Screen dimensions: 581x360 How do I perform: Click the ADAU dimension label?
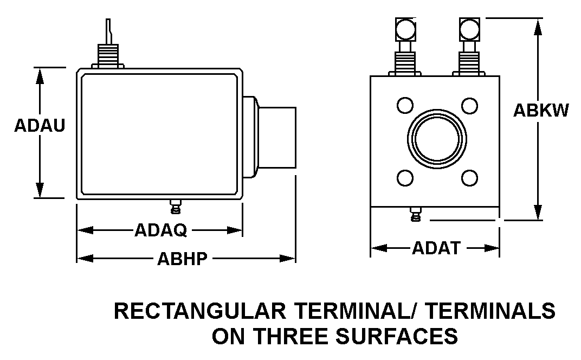[x=40, y=125]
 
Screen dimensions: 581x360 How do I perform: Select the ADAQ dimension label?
[x=160, y=230]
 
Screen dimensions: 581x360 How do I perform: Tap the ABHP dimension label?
[x=182, y=259]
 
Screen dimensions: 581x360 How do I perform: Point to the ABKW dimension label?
[x=540, y=110]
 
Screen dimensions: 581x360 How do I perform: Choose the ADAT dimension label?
[x=436, y=248]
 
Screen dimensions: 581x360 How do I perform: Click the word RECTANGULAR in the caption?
[x=200, y=311]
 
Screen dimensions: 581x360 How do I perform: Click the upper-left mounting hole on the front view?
[x=405, y=105]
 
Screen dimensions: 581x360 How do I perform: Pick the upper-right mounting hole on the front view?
[x=469, y=105]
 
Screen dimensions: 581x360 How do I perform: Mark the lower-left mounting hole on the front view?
[x=405, y=178]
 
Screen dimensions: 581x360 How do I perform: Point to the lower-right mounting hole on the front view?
[x=469, y=178]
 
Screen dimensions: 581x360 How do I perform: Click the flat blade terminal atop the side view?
[x=108, y=32]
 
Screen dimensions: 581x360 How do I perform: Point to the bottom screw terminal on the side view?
[x=176, y=207]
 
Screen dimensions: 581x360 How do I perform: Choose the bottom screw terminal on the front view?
[x=416, y=214]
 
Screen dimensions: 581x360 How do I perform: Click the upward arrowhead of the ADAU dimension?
[x=40, y=76]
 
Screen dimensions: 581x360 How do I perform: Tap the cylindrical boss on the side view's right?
[x=277, y=138]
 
